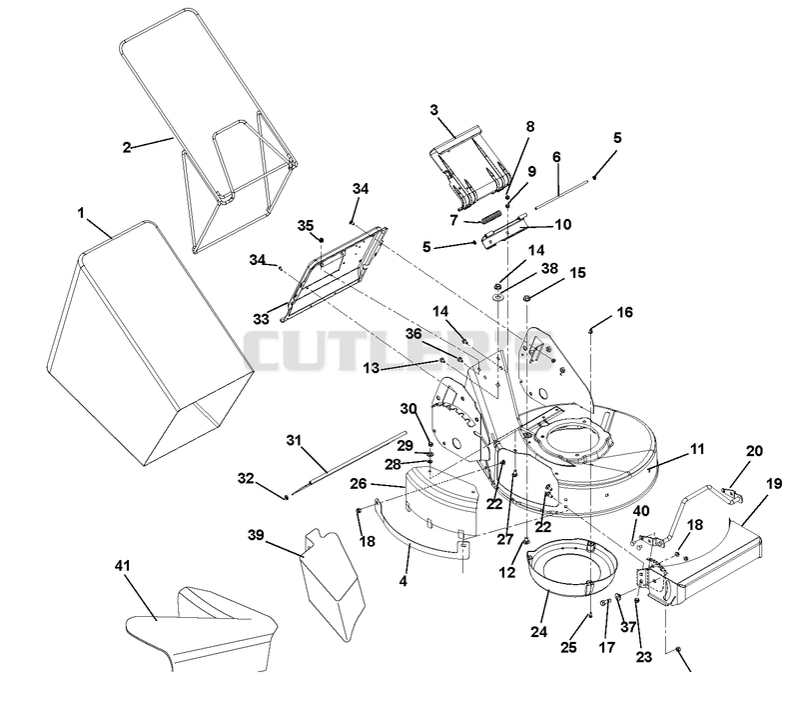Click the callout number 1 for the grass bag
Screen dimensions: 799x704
pyautogui.click(x=81, y=212)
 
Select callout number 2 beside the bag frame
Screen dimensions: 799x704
pyautogui.click(x=127, y=147)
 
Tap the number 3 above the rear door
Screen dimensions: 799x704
pyautogui.click(x=434, y=110)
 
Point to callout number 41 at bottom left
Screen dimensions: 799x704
pyautogui.click(x=123, y=566)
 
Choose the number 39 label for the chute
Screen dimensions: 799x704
pyautogui.click(x=256, y=535)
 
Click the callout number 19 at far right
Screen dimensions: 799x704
pyautogui.click(x=774, y=483)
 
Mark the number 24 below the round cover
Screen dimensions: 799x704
pyautogui.click(x=538, y=632)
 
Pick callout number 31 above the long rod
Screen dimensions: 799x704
pyautogui.click(x=294, y=440)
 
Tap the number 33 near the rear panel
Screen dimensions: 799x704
pyautogui.click(x=261, y=319)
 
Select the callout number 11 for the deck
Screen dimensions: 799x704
pyautogui.click(x=696, y=449)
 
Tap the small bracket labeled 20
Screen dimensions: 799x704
pyautogui.click(x=732, y=495)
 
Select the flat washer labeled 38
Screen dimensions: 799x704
pyautogui.click(x=497, y=296)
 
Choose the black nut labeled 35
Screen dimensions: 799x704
pyautogui.click(x=322, y=239)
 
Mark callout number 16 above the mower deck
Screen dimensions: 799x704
pyautogui.click(x=625, y=312)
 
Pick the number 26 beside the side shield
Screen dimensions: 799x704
pyautogui.click(x=359, y=483)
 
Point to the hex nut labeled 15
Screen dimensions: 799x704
pyautogui.click(x=527, y=297)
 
